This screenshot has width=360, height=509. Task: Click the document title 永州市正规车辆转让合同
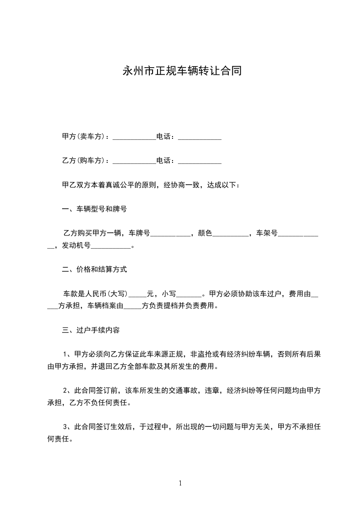coord(180,71)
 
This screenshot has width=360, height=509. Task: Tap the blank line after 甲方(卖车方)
coord(134,137)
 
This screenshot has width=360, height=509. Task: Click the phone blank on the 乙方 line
coord(199,162)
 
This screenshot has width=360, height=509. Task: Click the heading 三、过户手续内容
coord(90,330)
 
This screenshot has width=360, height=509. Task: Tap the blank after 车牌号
coord(170,234)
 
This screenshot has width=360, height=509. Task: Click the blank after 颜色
coord(231,234)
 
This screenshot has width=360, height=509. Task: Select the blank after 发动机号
coord(110,246)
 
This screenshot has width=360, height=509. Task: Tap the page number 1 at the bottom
coord(180,483)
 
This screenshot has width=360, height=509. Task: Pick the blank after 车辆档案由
coord(132,306)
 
